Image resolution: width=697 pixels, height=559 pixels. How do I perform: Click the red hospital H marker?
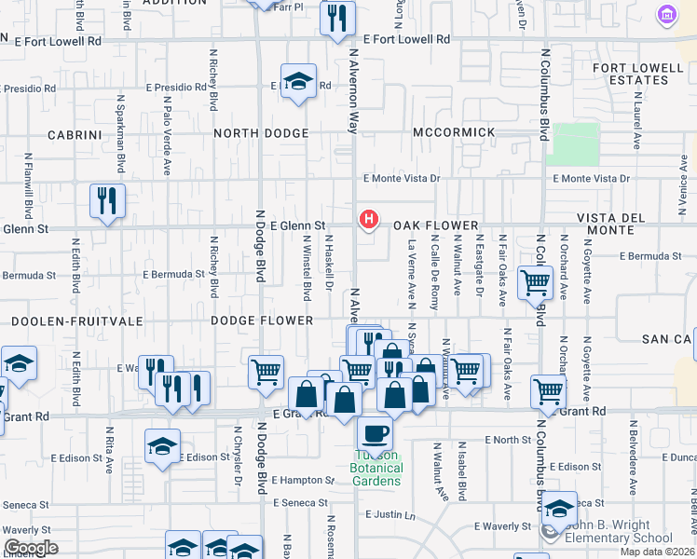pyautogui.click(x=369, y=220)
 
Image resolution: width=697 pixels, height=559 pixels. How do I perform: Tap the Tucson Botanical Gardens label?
pyautogui.click(x=376, y=468)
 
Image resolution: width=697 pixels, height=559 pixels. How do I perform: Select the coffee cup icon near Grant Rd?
pyautogui.click(x=375, y=433)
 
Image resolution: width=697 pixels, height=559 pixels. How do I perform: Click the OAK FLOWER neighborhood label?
pyautogui.click(x=435, y=225)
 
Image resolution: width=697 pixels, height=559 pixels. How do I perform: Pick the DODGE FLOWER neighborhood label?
pyautogui.click(x=262, y=320)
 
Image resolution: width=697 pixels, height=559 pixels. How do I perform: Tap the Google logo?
pyautogui.click(x=31, y=548)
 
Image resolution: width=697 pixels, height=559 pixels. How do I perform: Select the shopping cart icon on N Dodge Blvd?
pyautogui.click(x=266, y=372)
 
